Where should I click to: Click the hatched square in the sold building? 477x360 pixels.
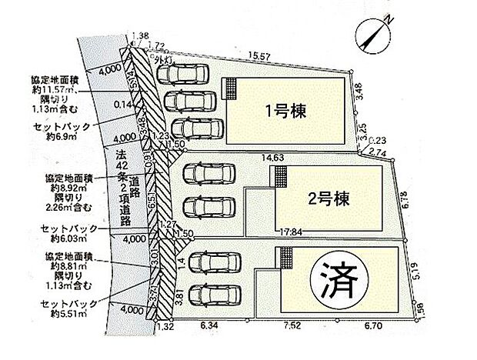(287, 258)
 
